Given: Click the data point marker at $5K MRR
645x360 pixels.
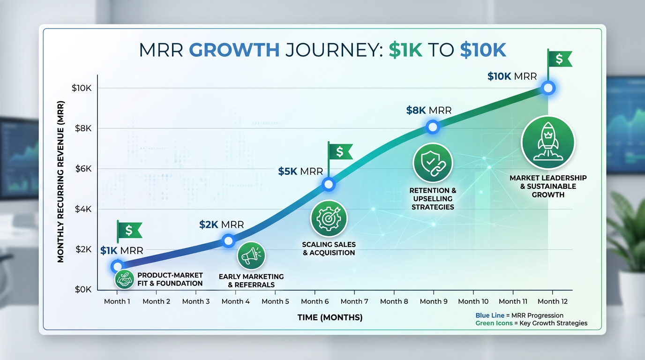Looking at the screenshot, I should click(329, 184).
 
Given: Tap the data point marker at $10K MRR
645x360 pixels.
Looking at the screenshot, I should click(548, 88).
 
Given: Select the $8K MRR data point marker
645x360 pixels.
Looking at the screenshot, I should click(433, 127).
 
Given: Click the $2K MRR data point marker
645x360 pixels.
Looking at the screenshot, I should click(228, 241).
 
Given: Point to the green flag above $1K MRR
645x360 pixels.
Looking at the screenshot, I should click(129, 230).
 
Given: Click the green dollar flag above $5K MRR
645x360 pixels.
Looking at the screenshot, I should click(340, 151).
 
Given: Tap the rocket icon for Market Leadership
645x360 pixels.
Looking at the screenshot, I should click(548, 142).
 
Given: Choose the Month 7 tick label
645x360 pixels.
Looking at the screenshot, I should click(354, 301).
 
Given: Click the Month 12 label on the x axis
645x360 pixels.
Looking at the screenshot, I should click(552, 301).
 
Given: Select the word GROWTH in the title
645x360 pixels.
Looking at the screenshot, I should click(234, 50).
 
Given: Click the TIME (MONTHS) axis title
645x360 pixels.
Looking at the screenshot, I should click(330, 318).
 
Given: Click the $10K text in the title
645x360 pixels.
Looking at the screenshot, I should click(483, 50).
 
